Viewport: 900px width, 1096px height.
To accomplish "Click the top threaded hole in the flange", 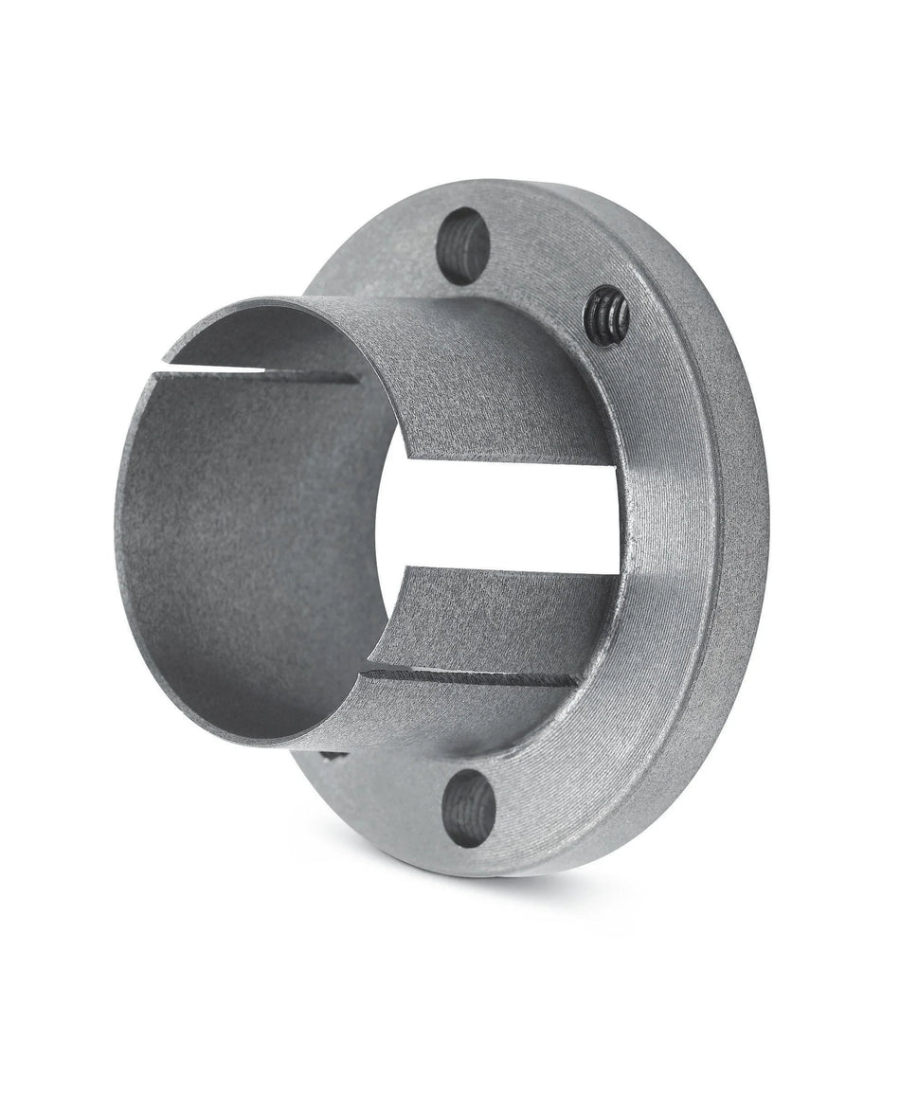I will point(463,245).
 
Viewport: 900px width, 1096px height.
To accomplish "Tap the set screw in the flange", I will point(606,315).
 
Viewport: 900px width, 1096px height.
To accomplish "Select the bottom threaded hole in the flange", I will point(470,808).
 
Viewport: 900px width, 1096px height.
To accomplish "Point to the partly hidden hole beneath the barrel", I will point(333,755).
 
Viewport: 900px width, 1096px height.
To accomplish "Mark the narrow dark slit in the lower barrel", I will point(474,675).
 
